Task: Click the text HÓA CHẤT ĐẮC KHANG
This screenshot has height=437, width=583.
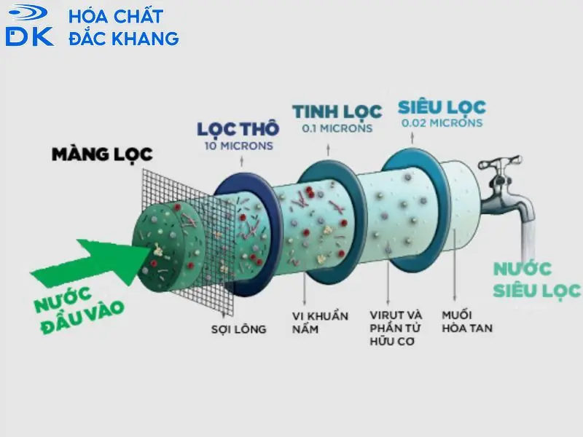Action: point(124,27)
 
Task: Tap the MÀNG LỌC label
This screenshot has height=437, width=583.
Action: point(102,154)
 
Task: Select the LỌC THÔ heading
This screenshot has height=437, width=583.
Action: point(238,129)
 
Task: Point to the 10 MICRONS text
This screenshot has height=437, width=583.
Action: point(238,146)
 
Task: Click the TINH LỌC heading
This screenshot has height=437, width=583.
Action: point(337,111)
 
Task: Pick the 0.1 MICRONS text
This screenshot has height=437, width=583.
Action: point(337,128)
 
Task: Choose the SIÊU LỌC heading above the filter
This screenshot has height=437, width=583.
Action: point(442,107)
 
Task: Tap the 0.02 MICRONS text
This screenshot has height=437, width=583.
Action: point(442,123)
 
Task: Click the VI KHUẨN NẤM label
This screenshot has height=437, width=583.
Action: point(321,322)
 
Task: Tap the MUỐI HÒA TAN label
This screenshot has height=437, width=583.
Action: point(466,322)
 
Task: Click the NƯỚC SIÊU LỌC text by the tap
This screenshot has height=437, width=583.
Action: point(536,280)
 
